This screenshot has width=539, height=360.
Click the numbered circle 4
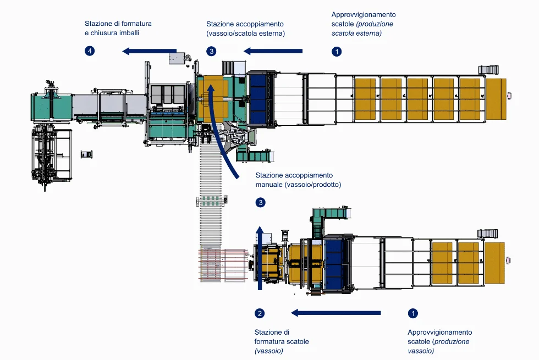(90, 51)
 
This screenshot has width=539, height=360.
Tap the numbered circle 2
(260, 313)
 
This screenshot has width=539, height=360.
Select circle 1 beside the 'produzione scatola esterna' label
(337, 51)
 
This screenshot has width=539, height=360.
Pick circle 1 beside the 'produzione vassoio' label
(413, 313)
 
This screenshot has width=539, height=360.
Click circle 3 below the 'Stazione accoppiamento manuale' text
(261, 203)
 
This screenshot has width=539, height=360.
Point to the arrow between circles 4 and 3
(149, 51)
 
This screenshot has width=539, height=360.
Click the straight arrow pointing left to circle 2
(335, 313)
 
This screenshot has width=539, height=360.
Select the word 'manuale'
(269, 185)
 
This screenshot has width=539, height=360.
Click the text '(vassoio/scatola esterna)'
(245, 33)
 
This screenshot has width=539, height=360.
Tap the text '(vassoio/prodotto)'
(313, 185)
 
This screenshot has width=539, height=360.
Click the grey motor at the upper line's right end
(488, 69)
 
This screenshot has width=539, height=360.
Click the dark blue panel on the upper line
(258, 96)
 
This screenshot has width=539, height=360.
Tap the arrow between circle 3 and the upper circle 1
(273, 51)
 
